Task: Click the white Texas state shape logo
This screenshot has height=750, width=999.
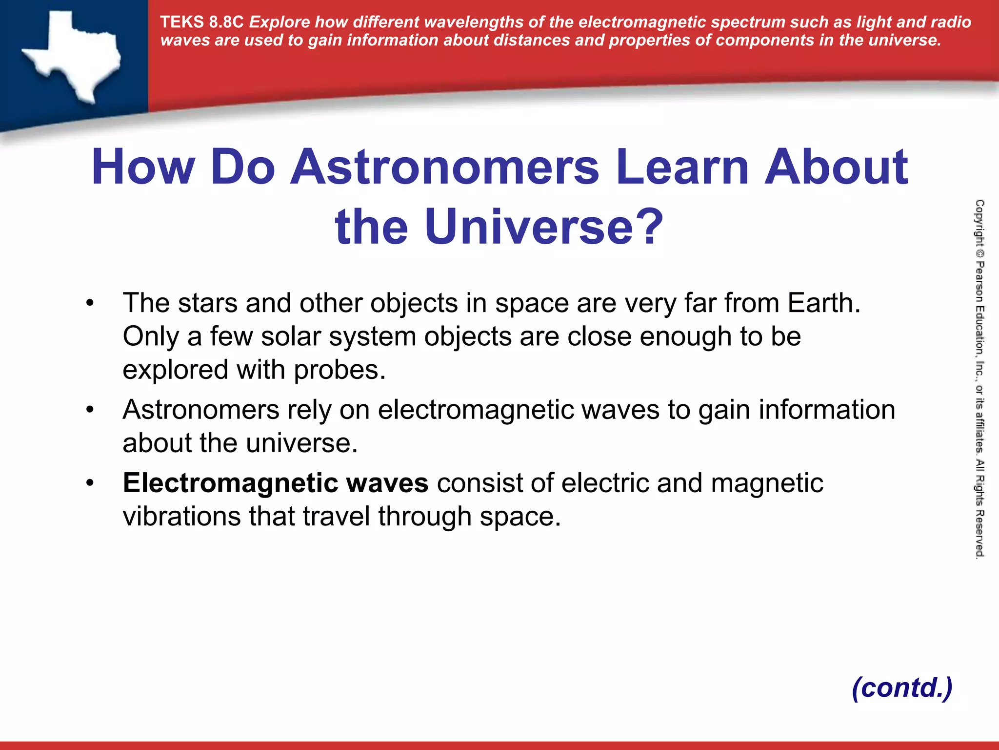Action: tap(73, 54)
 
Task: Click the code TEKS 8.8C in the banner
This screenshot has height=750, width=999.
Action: tap(201, 22)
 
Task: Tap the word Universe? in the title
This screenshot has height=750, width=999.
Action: tap(543, 227)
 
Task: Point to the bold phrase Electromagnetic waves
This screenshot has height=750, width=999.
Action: tap(276, 483)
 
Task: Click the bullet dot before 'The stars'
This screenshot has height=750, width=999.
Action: tap(89, 303)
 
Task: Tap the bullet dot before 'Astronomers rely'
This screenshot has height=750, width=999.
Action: tap(89, 410)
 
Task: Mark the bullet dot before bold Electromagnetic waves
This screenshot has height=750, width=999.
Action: tap(89, 483)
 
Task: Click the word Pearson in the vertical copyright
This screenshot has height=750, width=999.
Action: tap(979, 283)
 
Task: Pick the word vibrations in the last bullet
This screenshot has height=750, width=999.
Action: tap(181, 517)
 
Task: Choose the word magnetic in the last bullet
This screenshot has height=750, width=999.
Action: tap(767, 483)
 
